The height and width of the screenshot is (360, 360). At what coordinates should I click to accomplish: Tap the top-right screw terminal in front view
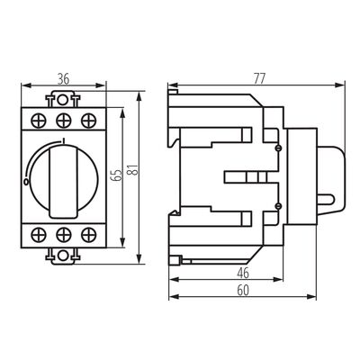86,118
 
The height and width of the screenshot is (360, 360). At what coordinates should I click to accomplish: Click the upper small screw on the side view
279,146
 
